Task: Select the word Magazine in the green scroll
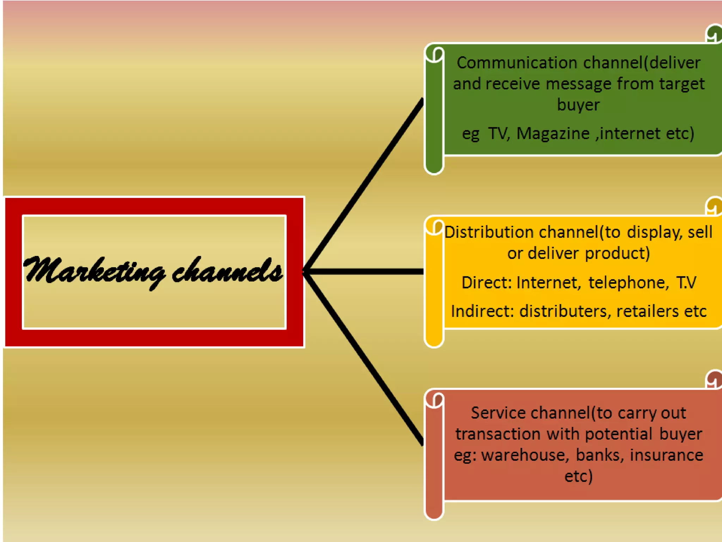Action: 553,134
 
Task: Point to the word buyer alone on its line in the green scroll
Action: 578,105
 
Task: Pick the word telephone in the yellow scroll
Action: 628,282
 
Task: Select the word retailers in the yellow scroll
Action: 647,311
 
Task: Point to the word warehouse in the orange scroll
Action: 525,455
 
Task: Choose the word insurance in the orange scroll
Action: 666,455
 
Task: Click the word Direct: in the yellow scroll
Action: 487,282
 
